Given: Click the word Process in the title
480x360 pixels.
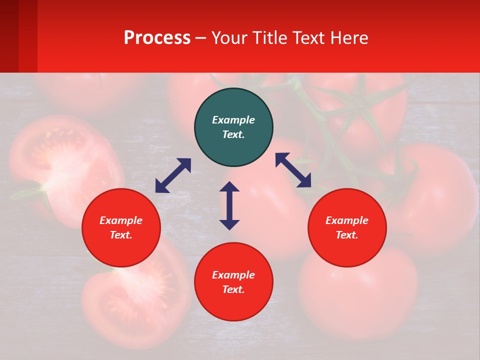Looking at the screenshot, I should click(157, 38).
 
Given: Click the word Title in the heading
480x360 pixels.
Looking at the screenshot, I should click(269, 38).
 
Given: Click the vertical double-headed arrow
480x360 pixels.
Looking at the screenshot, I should click(229, 205).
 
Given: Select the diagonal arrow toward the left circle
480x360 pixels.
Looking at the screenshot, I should click(173, 175).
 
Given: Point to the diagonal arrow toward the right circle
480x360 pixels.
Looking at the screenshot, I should click(293, 170).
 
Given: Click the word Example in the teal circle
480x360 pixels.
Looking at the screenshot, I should click(233, 120).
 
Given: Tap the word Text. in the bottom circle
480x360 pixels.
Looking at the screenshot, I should click(233, 289).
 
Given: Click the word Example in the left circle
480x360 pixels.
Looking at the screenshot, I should click(121, 220).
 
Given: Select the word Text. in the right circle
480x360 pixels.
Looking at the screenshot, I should click(347, 235).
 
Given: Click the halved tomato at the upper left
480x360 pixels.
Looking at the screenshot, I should click(60, 165).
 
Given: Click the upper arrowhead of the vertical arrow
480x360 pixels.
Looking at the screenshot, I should click(229, 186).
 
